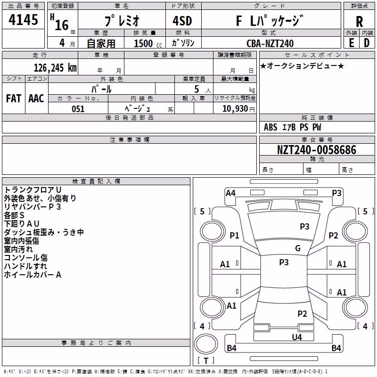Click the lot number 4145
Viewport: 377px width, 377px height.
[x=23, y=19]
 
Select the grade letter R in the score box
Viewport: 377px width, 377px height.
[x=359, y=22]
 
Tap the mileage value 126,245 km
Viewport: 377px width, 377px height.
[x=55, y=68]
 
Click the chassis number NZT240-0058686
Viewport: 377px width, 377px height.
[x=316, y=150]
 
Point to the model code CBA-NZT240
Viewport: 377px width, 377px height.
[x=270, y=43]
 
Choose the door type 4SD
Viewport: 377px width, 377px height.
[x=182, y=21]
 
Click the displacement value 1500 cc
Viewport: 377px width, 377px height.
[x=148, y=43]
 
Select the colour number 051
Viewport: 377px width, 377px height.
[x=78, y=109]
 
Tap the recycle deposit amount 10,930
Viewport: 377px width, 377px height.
[x=235, y=109]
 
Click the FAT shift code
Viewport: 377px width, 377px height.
[x=14, y=98]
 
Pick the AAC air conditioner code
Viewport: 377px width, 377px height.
[x=36, y=98]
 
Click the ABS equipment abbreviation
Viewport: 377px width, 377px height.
[x=270, y=127]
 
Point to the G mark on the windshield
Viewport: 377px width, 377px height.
[x=298, y=248]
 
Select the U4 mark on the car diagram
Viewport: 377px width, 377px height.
[x=297, y=337]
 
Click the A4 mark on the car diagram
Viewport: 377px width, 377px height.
[x=230, y=193]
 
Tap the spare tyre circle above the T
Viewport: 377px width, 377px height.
[x=206, y=344]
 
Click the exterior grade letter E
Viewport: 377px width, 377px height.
[x=351, y=43]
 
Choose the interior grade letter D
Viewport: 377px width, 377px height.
[x=367, y=43]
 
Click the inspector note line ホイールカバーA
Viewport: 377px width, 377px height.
[x=33, y=275]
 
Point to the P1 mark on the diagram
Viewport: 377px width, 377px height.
[x=234, y=235]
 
